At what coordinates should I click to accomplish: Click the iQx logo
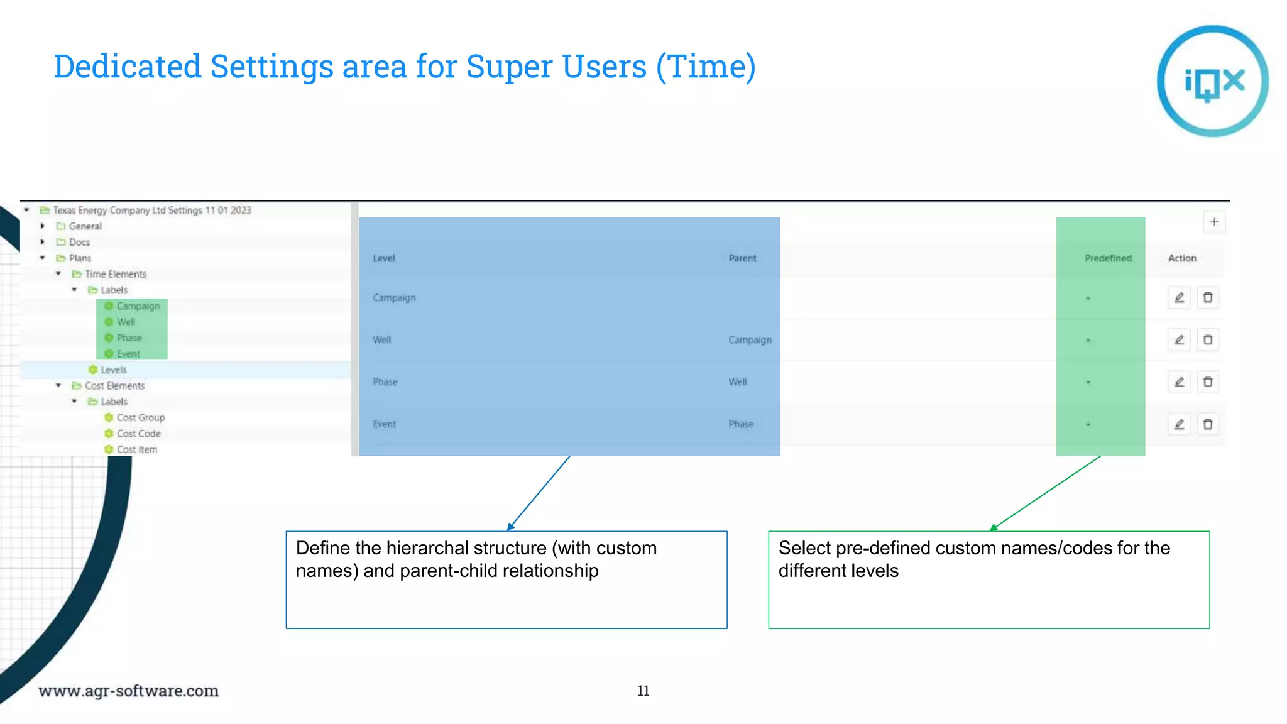[x=1212, y=81]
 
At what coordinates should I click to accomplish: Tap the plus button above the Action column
[x=1214, y=222]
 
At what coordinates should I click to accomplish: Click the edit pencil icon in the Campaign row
[x=1179, y=297]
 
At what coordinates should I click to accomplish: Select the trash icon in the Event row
[x=1207, y=424]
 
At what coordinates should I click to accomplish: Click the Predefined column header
[x=1107, y=258]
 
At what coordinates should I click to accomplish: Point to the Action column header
[x=1181, y=258]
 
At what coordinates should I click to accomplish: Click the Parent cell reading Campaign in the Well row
[x=749, y=340]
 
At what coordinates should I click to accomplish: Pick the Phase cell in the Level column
[x=385, y=382]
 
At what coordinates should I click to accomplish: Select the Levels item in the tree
[x=113, y=370]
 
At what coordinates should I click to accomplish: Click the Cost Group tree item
[x=140, y=417]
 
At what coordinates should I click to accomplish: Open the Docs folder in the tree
[x=79, y=242]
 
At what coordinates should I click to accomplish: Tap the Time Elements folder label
[x=116, y=274]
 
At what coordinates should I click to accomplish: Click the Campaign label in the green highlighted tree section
[x=138, y=306]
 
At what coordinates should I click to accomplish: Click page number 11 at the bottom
[x=643, y=691]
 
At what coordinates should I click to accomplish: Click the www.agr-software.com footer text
[x=128, y=691]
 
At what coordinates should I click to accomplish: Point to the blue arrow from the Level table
[x=539, y=493]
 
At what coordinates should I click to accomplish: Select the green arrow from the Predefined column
[x=1046, y=493]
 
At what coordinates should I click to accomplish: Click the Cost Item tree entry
[x=136, y=449]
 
